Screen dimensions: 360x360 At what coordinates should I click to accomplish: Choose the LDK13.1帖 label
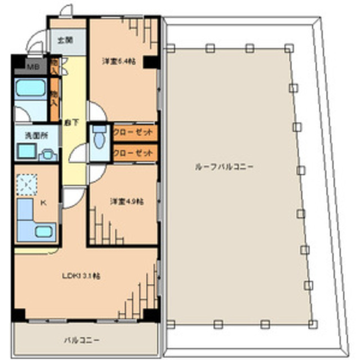81,276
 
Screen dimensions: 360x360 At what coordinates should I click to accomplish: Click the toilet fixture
99,136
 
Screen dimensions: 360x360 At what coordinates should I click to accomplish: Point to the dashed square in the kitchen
27,184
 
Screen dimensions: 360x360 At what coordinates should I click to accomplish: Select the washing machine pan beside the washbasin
47,152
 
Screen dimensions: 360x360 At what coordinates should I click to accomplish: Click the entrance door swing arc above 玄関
65,11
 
